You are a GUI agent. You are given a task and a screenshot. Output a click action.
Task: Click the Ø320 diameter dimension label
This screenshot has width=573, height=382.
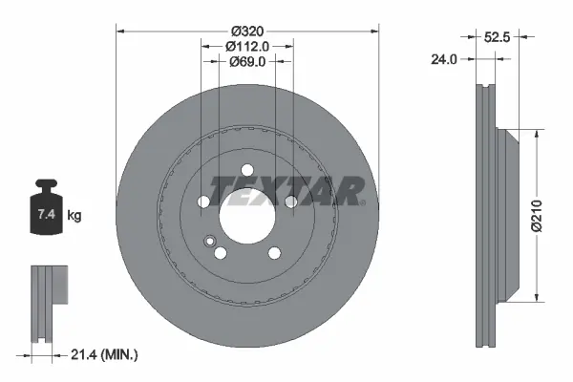click(247, 32)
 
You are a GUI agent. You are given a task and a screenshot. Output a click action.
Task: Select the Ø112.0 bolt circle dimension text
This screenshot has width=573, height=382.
click(247, 47)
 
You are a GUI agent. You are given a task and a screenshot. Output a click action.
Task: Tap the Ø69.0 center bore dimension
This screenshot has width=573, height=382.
click(247, 62)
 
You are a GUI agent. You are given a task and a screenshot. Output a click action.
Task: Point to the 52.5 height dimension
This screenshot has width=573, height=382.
click(497, 37)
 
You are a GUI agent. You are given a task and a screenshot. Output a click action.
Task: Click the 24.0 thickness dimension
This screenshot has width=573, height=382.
click(444, 59)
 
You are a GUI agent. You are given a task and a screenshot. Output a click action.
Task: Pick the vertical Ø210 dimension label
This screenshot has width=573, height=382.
click(537, 216)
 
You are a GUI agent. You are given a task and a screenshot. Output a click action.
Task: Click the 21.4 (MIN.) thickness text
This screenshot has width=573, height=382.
click(104, 354)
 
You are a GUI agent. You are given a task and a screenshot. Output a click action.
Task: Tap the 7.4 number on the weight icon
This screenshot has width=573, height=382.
click(47, 214)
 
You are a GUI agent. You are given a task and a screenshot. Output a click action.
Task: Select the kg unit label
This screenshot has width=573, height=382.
click(74, 215)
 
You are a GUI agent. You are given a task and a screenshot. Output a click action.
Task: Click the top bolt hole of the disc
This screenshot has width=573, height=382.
click(247, 170)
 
